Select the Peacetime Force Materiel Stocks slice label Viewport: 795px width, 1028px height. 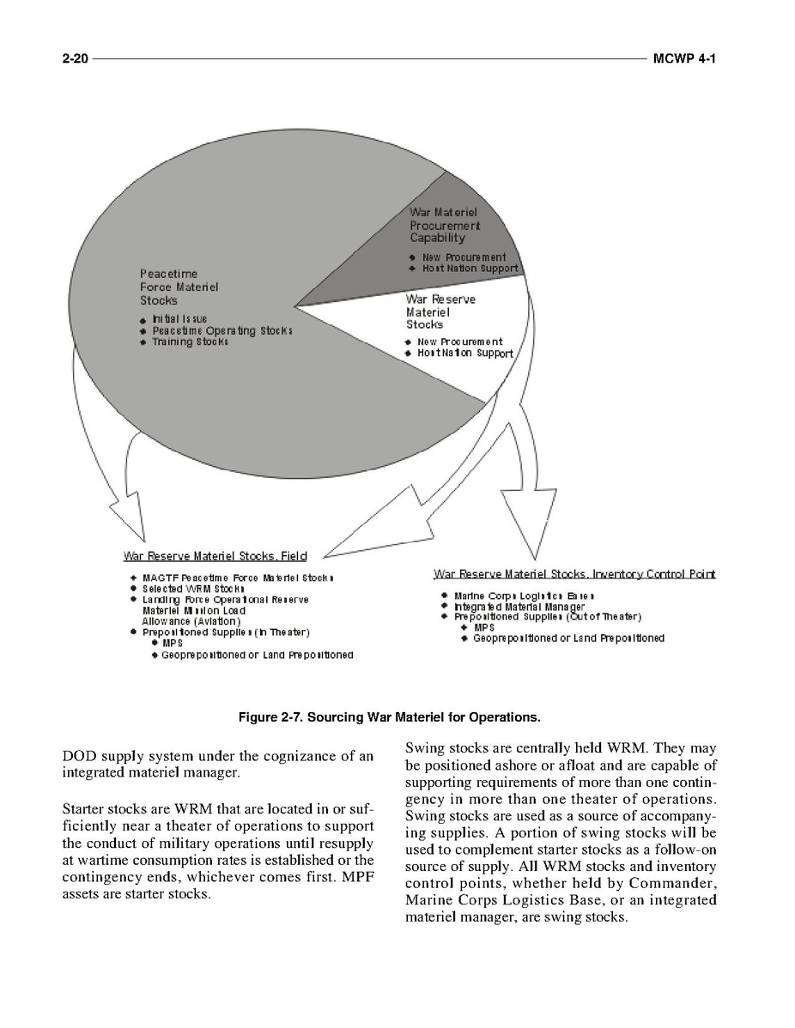[179, 287]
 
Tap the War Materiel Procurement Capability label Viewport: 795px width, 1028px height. [444, 225]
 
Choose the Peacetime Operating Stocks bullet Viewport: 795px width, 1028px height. [222, 330]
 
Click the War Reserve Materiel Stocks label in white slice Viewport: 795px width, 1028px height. [440, 312]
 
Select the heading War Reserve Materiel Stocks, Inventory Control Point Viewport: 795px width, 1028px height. [574, 573]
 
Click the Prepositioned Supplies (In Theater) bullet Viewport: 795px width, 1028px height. [226, 632]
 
